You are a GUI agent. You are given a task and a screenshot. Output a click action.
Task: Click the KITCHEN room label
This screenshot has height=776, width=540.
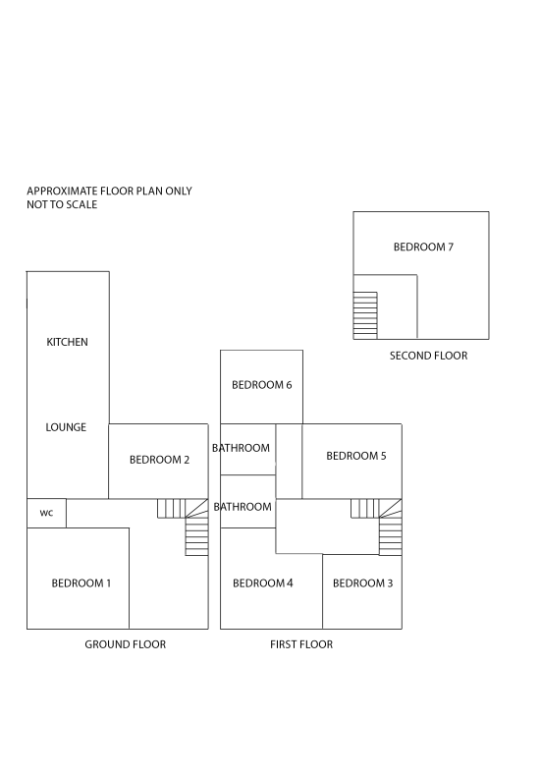point(67,342)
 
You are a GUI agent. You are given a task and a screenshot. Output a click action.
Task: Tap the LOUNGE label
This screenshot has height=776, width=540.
point(66,427)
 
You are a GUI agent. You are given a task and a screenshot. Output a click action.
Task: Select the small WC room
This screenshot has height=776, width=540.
point(46,513)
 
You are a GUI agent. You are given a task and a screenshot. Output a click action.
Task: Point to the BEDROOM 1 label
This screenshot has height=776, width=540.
point(81,583)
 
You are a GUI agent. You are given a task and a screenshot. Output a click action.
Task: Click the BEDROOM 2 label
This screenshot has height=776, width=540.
point(159,460)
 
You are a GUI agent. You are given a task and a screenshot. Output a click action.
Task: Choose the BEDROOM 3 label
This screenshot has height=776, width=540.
point(362,583)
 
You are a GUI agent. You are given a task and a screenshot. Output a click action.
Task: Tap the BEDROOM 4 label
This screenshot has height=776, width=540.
point(262,583)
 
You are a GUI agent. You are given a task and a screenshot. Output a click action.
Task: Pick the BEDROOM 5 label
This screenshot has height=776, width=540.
point(356,456)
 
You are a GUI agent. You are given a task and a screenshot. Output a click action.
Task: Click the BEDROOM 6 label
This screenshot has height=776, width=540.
point(261,384)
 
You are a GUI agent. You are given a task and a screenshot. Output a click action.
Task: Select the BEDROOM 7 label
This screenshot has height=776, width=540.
point(423,247)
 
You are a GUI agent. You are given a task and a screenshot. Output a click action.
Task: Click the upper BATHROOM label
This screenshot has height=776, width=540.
point(241,448)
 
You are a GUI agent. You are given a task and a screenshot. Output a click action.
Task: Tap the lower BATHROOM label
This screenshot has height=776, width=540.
point(243,507)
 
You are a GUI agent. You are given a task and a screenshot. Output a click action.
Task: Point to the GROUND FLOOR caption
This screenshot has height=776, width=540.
point(125,644)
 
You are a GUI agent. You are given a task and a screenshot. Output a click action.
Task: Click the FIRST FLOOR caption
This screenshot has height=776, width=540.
point(301,644)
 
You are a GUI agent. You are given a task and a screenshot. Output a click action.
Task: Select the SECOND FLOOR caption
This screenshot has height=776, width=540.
point(428,356)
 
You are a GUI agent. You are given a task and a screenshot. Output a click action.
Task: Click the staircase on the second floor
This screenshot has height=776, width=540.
point(365,315)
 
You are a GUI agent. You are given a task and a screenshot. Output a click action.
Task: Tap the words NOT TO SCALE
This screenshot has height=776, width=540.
point(62,204)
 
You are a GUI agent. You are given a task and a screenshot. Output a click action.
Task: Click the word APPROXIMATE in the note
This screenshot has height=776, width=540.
point(62,191)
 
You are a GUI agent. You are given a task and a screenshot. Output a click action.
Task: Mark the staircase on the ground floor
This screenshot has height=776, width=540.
point(184,527)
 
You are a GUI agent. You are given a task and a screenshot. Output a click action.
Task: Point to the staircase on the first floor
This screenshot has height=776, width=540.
point(377,527)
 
